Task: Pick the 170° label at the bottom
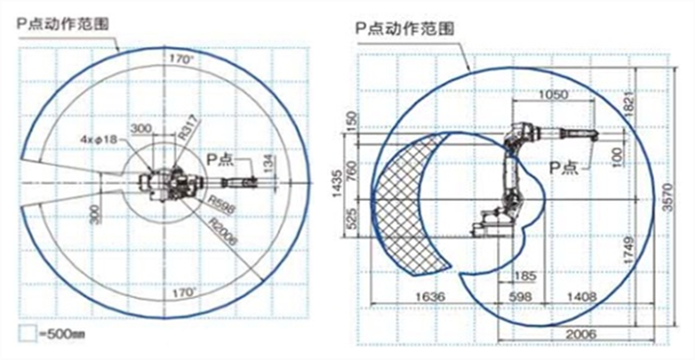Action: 182,289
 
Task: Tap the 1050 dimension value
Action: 553,96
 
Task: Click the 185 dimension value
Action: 522,277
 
